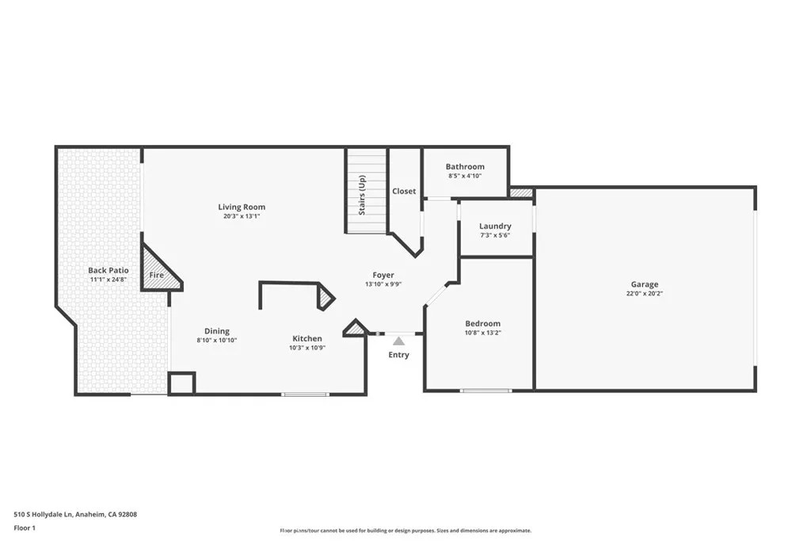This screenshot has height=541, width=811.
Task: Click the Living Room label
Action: click(x=242, y=207)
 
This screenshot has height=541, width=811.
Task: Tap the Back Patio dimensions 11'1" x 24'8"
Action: click(x=108, y=280)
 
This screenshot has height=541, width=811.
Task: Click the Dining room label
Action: click(x=217, y=331)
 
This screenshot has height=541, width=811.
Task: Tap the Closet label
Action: click(x=404, y=191)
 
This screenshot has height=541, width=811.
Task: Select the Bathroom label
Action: click(x=465, y=166)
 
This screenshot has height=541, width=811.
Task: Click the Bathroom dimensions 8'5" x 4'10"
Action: click(x=465, y=176)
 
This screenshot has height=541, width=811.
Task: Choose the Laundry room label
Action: click(x=495, y=226)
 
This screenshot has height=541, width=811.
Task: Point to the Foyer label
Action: click(x=383, y=275)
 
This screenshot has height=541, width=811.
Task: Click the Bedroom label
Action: click(x=482, y=323)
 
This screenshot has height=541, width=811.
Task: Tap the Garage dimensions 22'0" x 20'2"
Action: click(x=644, y=293)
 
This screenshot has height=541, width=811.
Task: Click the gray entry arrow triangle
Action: click(x=398, y=340)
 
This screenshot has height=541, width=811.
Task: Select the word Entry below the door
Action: click(x=398, y=354)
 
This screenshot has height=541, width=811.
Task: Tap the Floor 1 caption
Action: click(x=25, y=527)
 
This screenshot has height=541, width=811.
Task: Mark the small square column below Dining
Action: click(x=181, y=383)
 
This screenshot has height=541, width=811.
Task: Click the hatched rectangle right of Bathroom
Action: click(x=521, y=192)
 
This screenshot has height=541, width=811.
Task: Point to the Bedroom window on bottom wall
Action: click(x=485, y=390)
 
